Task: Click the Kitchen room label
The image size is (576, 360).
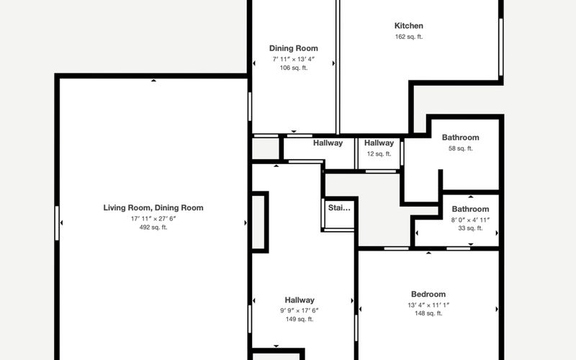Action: coord(408,26)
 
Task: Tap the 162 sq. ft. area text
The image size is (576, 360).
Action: coord(409,37)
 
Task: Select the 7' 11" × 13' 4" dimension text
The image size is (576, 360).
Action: coord(294,59)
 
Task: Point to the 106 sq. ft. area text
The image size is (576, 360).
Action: coord(294,68)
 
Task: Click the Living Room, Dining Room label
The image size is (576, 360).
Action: coord(153,208)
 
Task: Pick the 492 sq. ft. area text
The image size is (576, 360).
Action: coord(153,228)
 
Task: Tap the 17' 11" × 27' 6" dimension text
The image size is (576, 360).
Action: coord(153,219)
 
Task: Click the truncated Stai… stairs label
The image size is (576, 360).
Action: coord(339,208)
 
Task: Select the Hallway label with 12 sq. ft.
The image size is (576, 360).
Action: coord(379,143)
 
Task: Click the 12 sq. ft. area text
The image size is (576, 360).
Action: coord(379,154)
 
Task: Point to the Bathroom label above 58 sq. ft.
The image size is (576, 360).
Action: coord(460,138)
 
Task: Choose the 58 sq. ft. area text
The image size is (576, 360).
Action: coord(460,148)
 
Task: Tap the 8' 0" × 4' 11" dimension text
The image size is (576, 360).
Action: coord(470,220)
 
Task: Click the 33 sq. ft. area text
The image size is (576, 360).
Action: coord(470,228)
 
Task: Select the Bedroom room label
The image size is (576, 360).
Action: coord(428,294)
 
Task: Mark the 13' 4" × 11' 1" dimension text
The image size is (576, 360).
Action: coord(428,305)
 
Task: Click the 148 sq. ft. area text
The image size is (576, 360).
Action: coord(428,313)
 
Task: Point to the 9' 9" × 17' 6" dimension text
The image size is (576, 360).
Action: coord(300,310)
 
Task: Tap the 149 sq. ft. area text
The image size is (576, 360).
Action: coord(300,319)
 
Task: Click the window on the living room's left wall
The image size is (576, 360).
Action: coord(57,223)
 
